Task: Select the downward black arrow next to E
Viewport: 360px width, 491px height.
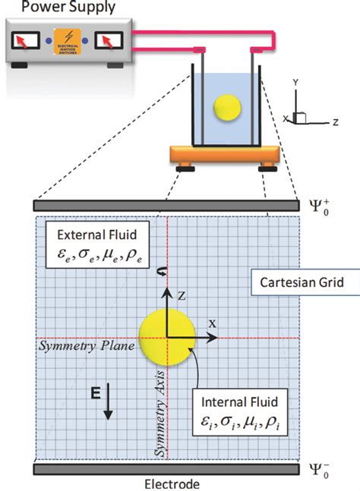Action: pyautogui.click(x=109, y=401)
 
